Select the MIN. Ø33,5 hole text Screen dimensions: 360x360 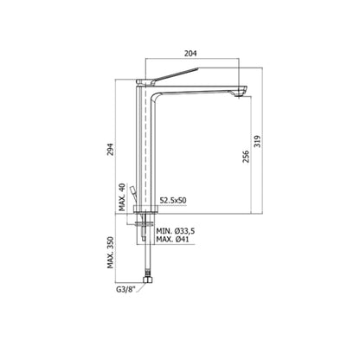coord(177,233)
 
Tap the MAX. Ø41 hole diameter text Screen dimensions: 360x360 coord(176,241)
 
